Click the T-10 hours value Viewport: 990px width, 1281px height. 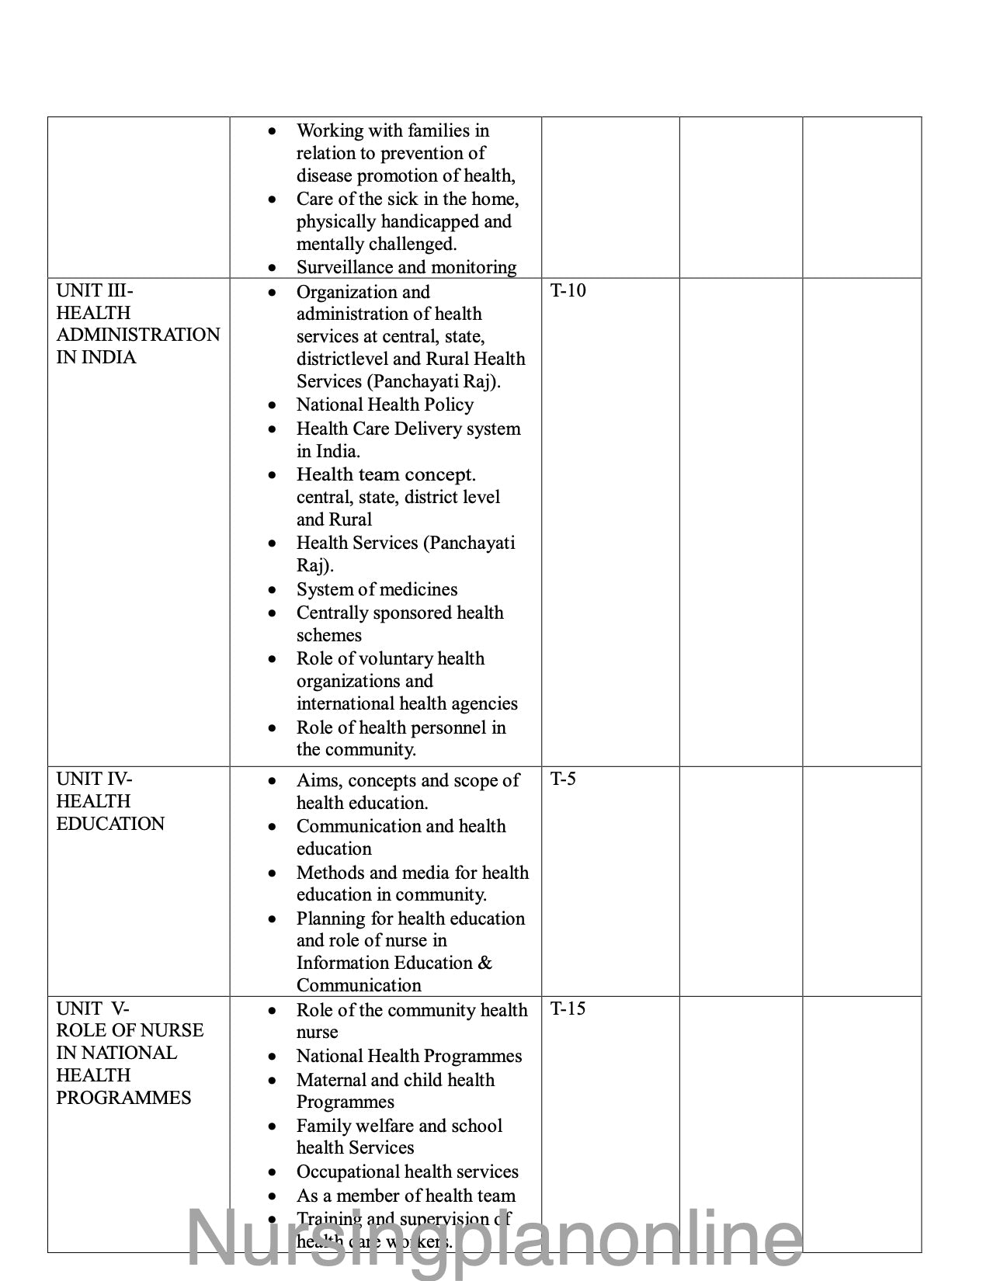click(568, 291)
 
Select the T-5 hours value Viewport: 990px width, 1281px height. click(563, 779)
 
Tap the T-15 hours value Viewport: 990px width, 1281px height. click(568, 1008)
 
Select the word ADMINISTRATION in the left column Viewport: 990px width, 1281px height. click(138, 335)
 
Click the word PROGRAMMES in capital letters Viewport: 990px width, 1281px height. click(123, 1098)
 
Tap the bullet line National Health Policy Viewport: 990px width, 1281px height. click(384, 404)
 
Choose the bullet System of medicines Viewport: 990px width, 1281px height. click(377, 589)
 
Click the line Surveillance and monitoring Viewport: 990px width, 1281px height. click(406, 267)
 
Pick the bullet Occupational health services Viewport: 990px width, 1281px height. click(407, 1172)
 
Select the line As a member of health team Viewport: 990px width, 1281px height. click(405, 1196)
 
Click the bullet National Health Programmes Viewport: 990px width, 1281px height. click(408, 1056)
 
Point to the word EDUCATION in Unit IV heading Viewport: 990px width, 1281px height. click(110, 824)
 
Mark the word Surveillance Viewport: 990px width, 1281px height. click(344, 267)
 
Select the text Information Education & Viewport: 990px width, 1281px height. click(394, 963)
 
